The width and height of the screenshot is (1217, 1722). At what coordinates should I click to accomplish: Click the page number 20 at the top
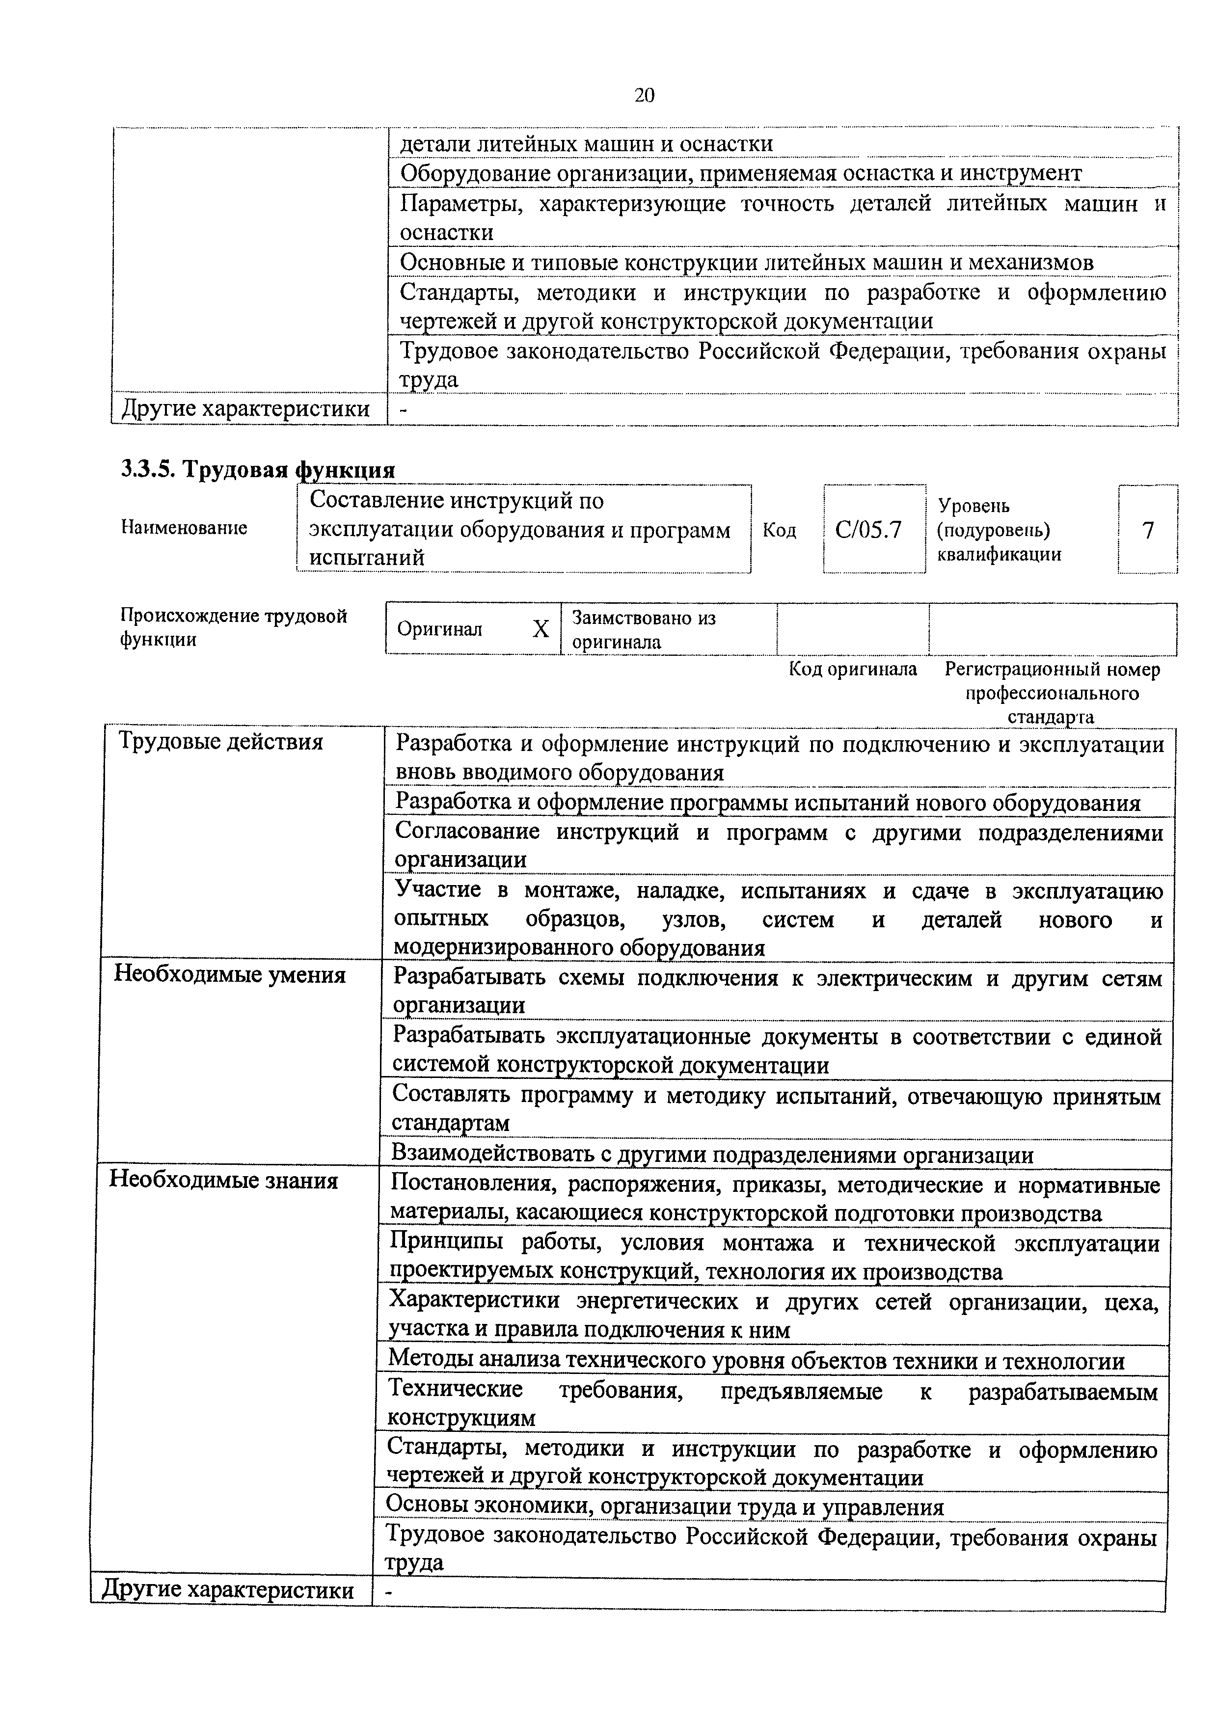[644, 95]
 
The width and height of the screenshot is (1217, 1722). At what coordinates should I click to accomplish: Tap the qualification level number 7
[1147, 530]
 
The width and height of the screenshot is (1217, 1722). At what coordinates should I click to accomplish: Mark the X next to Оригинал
[541, 628]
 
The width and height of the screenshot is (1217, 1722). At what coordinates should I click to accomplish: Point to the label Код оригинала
[853, 669]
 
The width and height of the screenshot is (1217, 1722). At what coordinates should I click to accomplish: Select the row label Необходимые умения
[229, 975]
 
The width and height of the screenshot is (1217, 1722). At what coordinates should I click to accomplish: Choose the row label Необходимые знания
[223, 1181]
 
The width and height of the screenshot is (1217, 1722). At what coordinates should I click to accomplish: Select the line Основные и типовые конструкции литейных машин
[746, 263]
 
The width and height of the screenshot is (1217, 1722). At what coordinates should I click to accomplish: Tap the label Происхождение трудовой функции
[234, 628]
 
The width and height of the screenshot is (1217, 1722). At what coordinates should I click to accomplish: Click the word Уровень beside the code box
[974, 506]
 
